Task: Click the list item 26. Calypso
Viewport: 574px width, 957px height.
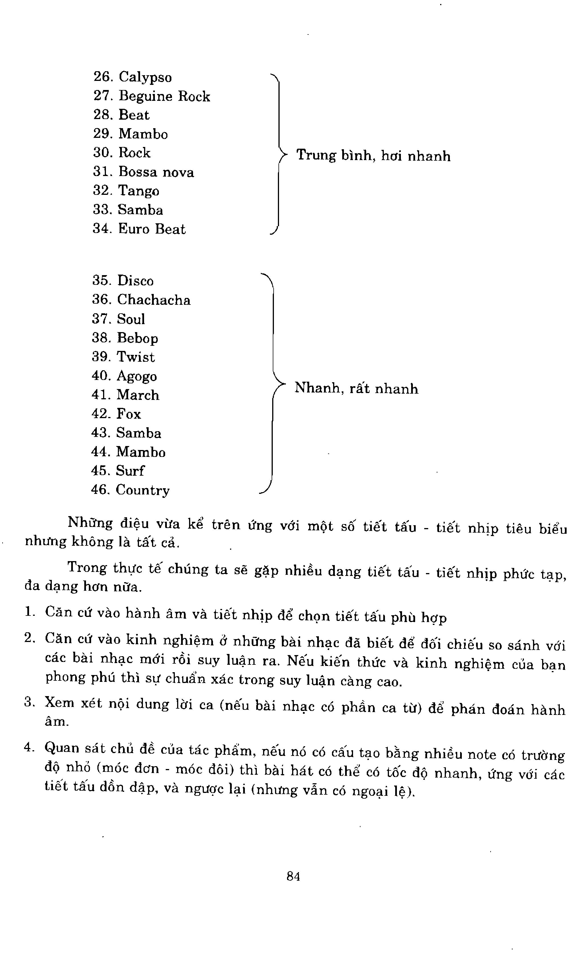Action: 132,77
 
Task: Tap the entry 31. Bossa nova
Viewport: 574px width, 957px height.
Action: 143,172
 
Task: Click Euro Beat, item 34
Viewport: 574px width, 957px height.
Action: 152,229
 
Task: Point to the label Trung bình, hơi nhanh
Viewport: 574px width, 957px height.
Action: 373,156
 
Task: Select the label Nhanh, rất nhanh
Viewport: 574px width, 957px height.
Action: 356,388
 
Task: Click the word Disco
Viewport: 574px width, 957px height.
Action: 135,281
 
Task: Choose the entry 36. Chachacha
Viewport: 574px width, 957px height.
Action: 141,300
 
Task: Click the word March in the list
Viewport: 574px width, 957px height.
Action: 138,395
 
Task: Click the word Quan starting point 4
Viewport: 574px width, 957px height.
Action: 62,758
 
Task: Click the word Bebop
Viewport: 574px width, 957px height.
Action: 138,338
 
